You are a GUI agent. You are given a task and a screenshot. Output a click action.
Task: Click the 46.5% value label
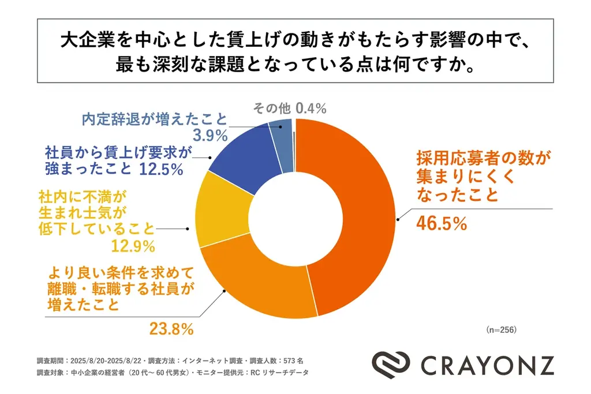(441, 223)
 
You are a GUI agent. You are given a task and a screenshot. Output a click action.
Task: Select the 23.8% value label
(171, 330)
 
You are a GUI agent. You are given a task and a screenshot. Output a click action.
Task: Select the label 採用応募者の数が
(484, 156)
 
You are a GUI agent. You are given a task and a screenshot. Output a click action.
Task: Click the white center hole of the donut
(295, 217)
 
